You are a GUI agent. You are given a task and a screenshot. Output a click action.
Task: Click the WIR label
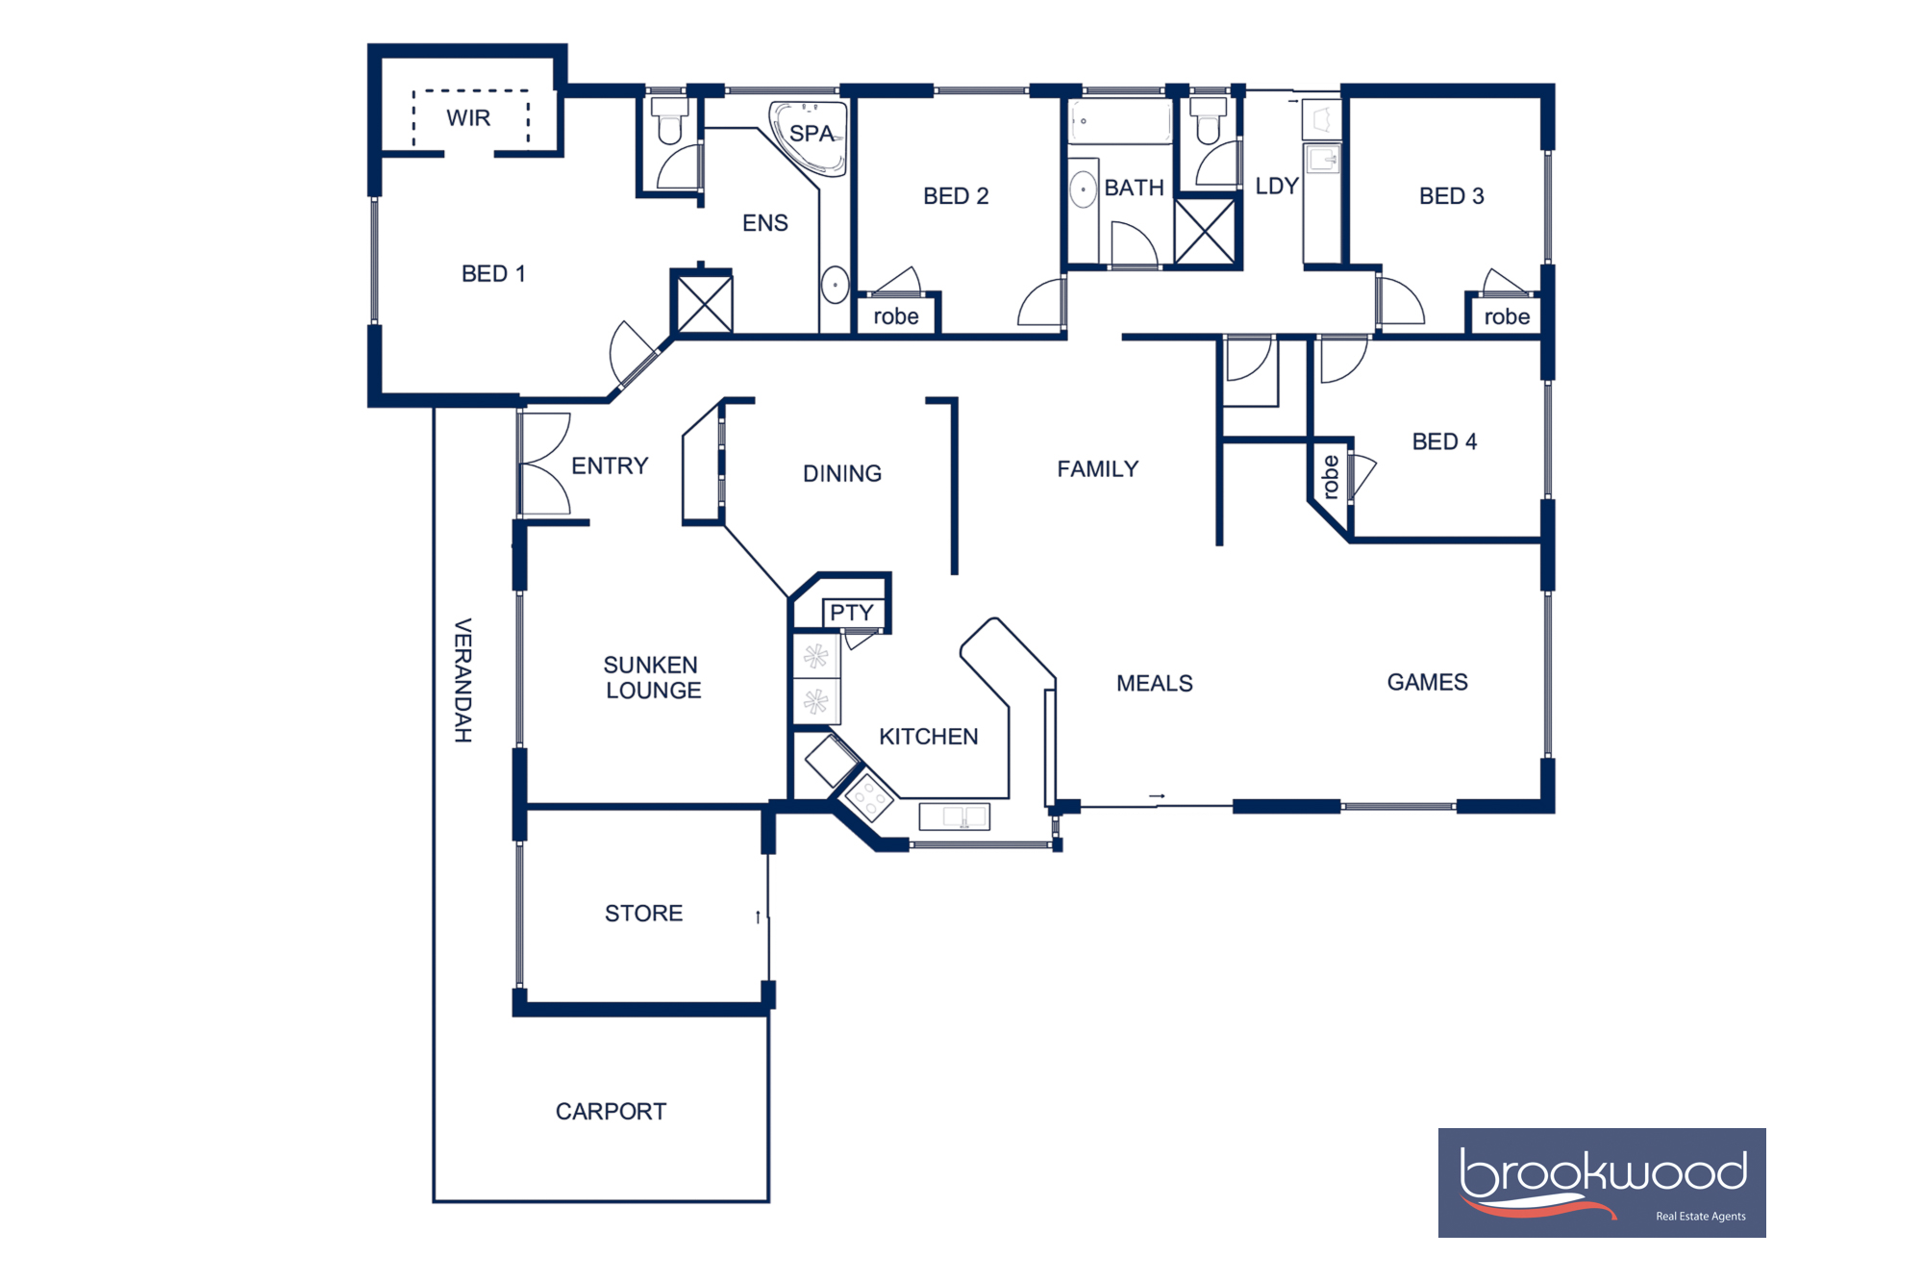click(468, 118)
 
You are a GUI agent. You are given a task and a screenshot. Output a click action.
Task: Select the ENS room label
click(764, 223)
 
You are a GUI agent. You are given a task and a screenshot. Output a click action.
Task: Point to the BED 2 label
click(955, 196)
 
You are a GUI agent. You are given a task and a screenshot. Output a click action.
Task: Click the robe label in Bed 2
click(895, 316)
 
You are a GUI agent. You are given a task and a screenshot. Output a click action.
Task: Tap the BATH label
click(1134, 188)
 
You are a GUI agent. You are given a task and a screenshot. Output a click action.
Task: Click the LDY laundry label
click(1276, 187)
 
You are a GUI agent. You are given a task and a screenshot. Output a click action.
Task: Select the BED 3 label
click(1451, 196)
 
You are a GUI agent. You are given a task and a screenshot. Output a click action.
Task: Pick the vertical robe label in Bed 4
click(1331, 477)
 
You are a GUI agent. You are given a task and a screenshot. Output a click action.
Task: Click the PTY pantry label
click(851, 613)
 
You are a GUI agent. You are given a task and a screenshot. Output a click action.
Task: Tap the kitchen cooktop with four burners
click(868, 797)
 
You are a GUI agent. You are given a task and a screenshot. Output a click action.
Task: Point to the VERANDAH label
click(462, 680)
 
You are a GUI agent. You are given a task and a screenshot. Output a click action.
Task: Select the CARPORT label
click(611, 1112)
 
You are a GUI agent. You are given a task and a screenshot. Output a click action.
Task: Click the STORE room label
click(643, 914)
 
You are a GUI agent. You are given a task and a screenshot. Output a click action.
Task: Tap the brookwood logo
click(1601, 1182)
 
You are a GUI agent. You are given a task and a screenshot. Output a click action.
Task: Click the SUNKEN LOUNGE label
click(652, 678)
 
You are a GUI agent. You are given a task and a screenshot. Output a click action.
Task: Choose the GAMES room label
click(1427, 683)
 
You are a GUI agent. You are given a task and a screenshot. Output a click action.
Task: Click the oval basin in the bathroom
click(1084, 189)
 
